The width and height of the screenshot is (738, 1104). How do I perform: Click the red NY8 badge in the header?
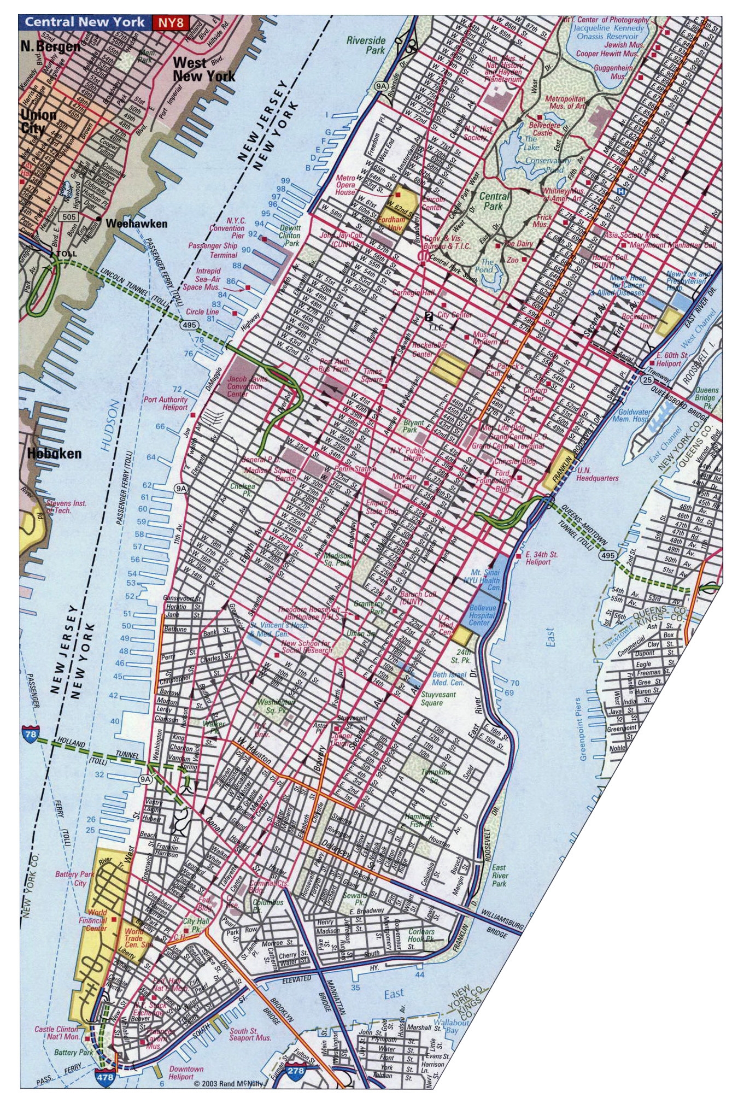(171, 23)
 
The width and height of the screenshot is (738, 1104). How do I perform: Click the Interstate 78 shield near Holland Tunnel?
(31, 735)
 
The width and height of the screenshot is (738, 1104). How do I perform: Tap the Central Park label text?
(494, 201)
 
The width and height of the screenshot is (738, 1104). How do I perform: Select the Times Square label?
(372, 375)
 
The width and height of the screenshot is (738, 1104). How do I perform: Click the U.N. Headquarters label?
(597, 474)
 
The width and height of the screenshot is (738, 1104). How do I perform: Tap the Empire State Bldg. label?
(382, 507)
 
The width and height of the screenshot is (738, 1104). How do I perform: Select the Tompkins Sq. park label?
(436, 776)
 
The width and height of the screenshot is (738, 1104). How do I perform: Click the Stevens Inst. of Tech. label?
(66, 507)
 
